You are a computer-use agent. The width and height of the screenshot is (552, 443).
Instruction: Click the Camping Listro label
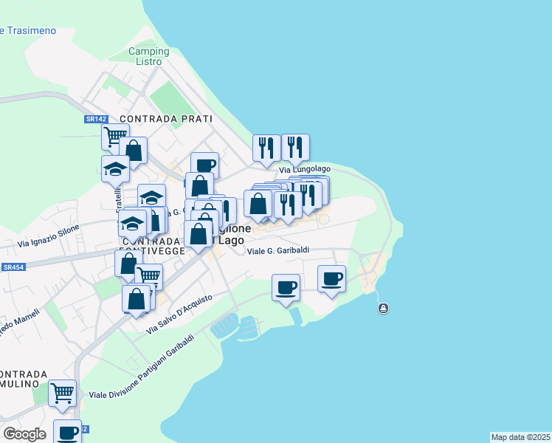click(148, 56)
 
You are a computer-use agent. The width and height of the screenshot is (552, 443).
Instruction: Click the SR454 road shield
click(13, 267)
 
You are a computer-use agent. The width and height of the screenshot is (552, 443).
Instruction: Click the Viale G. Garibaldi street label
click(277, 251)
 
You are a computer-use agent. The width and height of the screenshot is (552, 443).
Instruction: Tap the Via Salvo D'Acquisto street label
click(179, 313)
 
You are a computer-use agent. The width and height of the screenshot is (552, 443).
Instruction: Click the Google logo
click(24, 434)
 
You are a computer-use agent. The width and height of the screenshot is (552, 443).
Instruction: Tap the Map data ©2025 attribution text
click(520, 437)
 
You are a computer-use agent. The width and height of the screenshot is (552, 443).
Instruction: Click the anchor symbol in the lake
click(383, 308)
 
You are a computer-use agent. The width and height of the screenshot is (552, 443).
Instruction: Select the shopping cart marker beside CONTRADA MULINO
click(63, 392)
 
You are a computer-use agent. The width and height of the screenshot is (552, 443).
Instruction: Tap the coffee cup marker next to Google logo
click(67, 432)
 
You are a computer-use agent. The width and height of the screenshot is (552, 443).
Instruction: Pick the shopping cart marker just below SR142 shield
click(115, 136)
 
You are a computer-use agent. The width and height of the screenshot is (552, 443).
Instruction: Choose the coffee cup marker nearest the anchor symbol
click(332, 278)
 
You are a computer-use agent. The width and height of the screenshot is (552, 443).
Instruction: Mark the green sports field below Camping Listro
click(167, 97)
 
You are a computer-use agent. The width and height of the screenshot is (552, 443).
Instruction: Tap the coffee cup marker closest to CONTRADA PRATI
click(204, 165)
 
